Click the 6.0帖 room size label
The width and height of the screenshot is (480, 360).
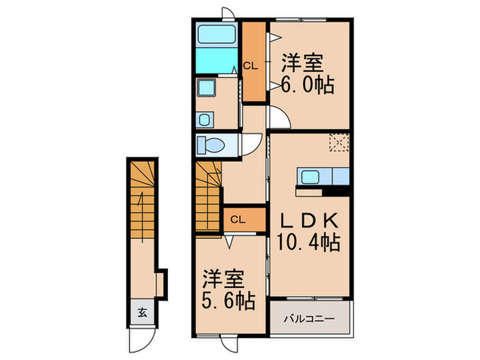307,84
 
